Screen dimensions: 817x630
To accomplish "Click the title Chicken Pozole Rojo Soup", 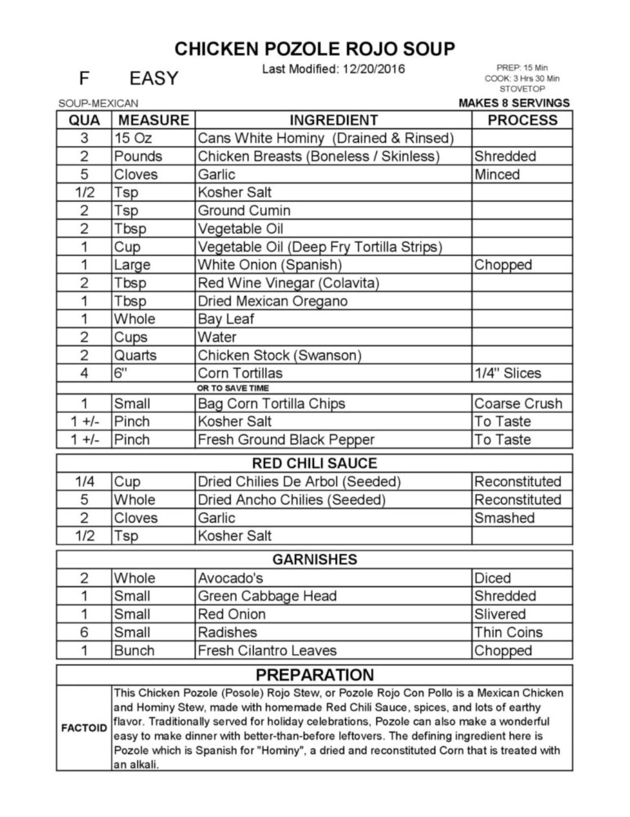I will coord(314,49).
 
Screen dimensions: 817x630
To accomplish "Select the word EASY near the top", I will coord(154,78).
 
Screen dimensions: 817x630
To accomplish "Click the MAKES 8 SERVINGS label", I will coord(514,103).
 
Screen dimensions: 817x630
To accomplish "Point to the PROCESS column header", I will coord(522,120).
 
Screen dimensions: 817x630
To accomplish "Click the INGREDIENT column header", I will coord(334,120).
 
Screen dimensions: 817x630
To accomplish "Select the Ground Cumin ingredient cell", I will coord(244,211).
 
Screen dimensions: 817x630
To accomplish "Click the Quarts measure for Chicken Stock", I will coord(136,355).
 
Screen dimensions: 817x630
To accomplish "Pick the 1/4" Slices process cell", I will coord(507,373).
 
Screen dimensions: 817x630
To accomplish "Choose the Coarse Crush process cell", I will coord(518,404).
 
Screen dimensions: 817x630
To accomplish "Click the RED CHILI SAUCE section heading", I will coord(314,463).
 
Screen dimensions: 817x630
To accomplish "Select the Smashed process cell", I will coord(504,518).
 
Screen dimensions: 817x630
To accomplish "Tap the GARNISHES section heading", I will coord(314,560).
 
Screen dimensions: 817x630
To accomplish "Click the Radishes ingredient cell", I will coord(227,632).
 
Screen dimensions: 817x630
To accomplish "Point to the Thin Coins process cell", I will coord(508,632).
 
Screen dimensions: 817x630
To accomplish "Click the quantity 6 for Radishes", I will coord(84,632).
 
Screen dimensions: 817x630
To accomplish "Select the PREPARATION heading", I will coord(314,675).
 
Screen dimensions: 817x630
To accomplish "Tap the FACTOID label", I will coord(84,728).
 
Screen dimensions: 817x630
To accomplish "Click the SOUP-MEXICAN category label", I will coord(98,104).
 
